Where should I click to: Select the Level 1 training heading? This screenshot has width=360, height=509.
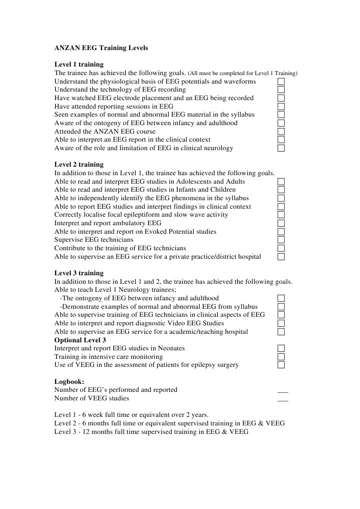[79, 65]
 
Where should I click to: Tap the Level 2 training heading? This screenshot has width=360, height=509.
[79, 165]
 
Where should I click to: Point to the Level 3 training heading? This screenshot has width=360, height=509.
[79, 273]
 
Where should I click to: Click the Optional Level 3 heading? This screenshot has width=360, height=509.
[80, 340]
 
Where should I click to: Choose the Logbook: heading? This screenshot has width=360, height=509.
[69, 381]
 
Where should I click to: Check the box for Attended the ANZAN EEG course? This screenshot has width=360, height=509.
[281, 131]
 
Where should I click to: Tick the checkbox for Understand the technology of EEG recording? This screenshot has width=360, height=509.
[281, 90]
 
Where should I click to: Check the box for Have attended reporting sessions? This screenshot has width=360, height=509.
[281, 106]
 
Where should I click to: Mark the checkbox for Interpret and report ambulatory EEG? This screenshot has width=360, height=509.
[281, 223]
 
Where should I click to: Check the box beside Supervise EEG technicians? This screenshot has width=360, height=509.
[281, 240]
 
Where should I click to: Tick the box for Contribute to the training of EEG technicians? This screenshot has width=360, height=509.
[281, 248]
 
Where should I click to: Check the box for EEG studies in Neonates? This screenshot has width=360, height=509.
[281, 348]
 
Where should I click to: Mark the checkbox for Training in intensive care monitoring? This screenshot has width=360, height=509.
[281, 357]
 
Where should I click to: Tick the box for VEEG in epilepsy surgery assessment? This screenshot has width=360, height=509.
[281, 365]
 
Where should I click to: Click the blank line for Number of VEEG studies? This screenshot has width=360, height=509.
[283, 400]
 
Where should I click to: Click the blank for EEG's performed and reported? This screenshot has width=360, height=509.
[283, 391]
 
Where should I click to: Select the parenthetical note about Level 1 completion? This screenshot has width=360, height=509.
[242, 74]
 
